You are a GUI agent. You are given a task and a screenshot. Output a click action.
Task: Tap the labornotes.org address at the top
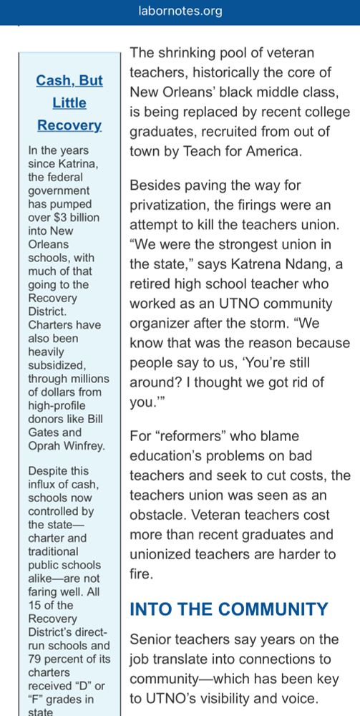coord(180,11)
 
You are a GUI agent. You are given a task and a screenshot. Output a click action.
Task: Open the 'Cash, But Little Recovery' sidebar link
coord(69,102)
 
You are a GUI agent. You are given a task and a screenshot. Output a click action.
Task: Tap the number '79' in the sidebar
coord(37,659)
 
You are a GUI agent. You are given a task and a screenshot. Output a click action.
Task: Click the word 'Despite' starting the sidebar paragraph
coord(48,471)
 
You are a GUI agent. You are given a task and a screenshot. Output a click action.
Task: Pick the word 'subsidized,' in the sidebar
coord(57,365)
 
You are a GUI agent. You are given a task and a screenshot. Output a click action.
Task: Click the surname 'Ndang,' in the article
coord(296,264)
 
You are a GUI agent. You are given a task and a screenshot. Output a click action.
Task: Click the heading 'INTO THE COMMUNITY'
coord(229,609)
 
